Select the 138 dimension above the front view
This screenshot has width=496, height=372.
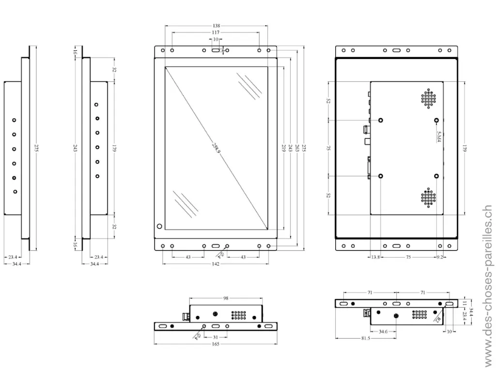coord(216,25)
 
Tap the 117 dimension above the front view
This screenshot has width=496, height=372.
coord(216,32)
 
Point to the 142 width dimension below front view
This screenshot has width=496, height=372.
coord(216,264)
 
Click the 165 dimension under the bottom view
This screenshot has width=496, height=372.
coord(216,344)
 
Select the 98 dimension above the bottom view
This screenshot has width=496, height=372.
coord(226,299)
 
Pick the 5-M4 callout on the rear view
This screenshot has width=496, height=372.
coord(439,137)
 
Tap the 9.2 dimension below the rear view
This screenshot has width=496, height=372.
coord(440,257)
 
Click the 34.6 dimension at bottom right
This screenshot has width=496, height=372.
coord(383,331)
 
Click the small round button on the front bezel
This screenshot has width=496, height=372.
coord(159,226)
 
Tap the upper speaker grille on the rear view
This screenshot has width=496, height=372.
coord(428,98)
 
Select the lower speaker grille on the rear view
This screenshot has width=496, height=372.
coord(428,197)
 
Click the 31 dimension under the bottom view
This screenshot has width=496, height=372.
coord(216,337)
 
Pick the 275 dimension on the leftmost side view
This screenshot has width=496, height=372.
coord(36,148)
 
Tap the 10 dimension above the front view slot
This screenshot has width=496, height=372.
coord(216,39)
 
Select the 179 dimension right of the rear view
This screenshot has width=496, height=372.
coord(464,148)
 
